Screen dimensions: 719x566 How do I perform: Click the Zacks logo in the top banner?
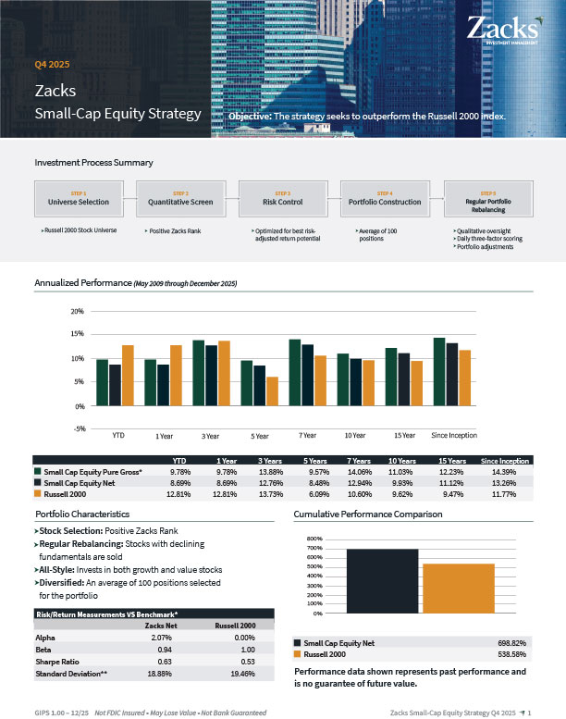click(504, 28)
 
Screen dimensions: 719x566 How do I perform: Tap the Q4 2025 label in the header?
click(52, 65)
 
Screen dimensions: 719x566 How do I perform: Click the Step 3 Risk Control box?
click(283, 198)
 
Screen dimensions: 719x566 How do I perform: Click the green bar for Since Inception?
click(439, 371)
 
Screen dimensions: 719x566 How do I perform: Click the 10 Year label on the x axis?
click(354, 435)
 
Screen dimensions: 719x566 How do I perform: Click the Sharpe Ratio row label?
click(57, 662)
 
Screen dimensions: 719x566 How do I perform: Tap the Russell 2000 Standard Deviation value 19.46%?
click(240, 674)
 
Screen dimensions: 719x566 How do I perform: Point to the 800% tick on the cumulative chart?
click(314, 539)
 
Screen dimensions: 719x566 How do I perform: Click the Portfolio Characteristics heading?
click(82, 514)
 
